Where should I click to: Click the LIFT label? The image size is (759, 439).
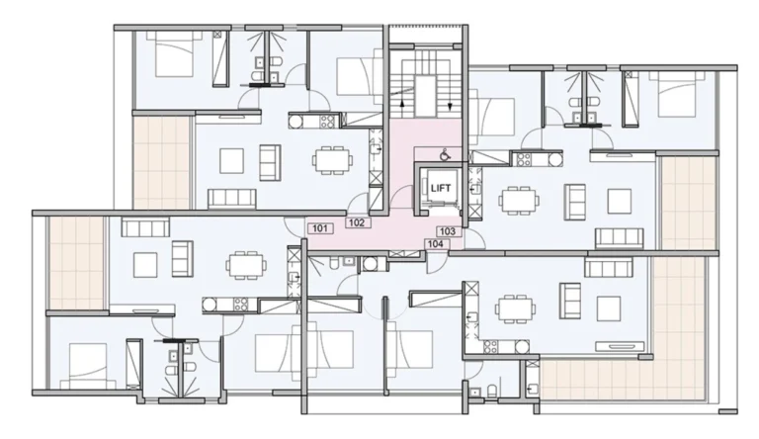441,188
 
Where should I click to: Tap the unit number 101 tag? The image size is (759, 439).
320,228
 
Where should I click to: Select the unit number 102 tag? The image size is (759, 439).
357,222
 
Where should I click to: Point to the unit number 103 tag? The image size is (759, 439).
448,231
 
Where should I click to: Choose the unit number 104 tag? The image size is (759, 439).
436,244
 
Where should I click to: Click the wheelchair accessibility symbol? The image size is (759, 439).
444,155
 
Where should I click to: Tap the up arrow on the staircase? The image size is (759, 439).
402,107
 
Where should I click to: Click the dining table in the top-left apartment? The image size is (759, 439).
332,159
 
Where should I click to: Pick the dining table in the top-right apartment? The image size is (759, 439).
520,200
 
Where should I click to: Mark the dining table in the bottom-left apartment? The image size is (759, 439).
246,265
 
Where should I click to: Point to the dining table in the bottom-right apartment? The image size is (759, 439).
515,308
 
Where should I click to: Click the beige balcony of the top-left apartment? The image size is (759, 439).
161,162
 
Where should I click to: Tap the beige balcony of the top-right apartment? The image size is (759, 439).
688,203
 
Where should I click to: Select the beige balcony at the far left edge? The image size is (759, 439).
76,262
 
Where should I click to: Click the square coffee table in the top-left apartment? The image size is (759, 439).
231,161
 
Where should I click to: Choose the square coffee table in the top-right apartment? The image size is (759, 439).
619,201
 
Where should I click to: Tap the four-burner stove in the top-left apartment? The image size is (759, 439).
328,121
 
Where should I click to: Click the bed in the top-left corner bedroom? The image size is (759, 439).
175,53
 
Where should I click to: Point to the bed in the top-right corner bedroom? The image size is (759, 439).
677,94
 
